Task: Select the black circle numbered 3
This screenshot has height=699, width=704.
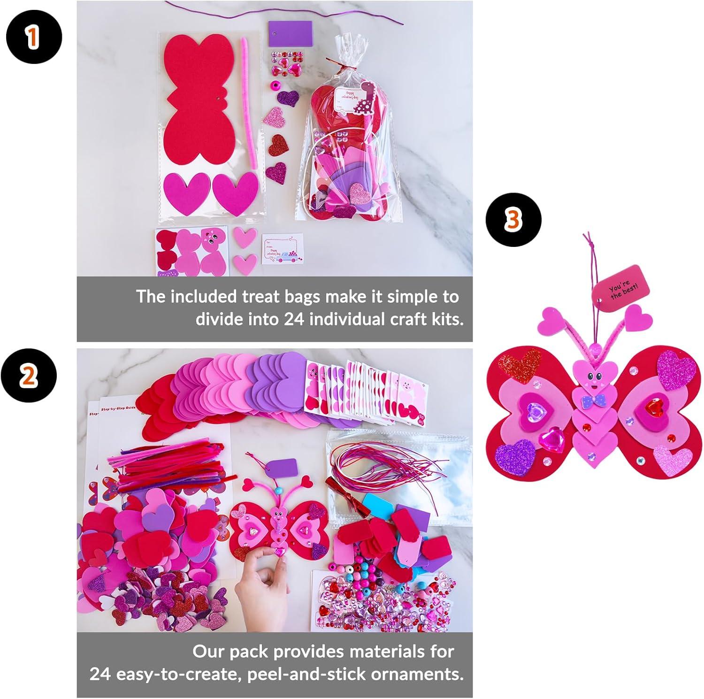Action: [x=514, y=220]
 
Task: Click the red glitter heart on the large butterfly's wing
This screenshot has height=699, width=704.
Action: [x=520, y=366]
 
